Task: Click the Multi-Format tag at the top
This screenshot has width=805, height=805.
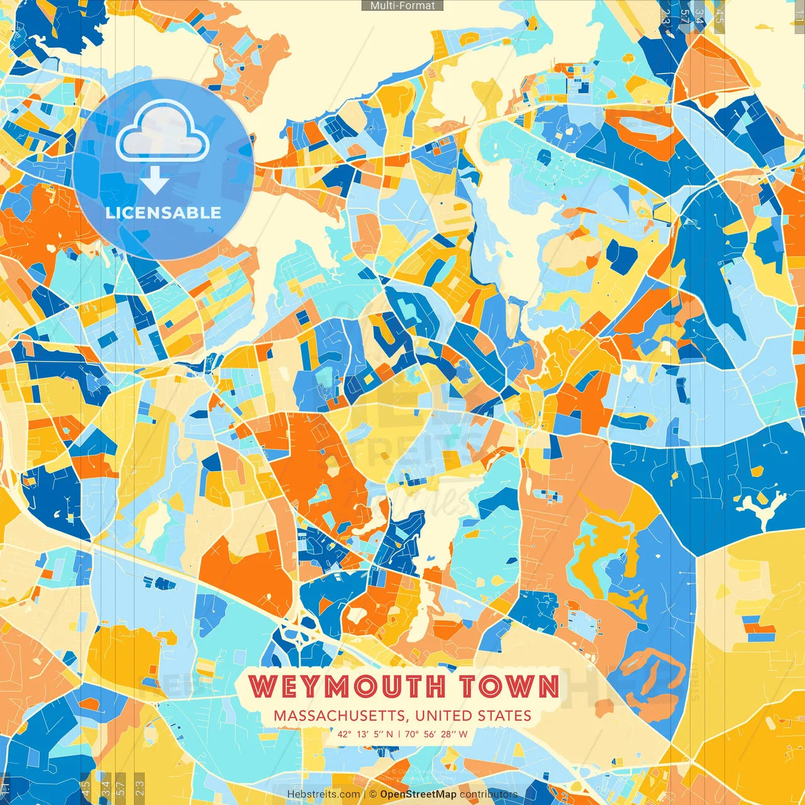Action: [402, 6]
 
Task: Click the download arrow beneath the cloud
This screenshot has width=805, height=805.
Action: [154, 183]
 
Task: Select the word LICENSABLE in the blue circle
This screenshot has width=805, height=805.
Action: [164, 213]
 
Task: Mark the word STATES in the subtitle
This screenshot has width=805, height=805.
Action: [504, 716]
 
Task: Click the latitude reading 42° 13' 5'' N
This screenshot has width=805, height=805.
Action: [365, 734]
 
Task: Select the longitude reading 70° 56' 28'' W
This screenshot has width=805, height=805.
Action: [436, 734]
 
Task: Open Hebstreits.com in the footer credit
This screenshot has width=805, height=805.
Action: [324, 794]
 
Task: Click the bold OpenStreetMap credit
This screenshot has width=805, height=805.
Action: [418, 794]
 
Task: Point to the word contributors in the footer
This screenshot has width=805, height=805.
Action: [489, 794]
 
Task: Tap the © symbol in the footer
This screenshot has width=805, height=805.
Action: [373, 794]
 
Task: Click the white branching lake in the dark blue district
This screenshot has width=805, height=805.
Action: [763, 507]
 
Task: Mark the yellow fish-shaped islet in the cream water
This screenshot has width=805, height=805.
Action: [763, 28]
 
